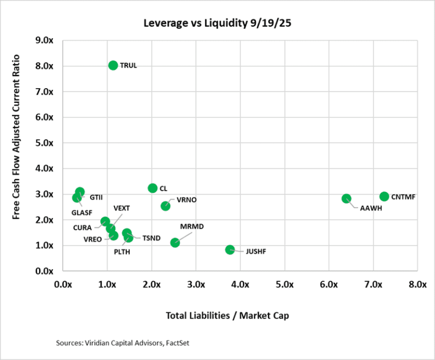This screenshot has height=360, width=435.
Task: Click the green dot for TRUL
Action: coord(113,65)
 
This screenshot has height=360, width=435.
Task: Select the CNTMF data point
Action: coord(384,196)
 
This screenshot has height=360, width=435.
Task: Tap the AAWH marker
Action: coord(346,198)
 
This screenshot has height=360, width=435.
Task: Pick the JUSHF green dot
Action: coord(230,250)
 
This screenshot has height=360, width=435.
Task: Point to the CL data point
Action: coord(153,188)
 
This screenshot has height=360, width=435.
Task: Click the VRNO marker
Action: coord(165,206)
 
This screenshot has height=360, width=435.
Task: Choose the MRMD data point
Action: coord(175,243)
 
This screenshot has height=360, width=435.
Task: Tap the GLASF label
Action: coord(83,213)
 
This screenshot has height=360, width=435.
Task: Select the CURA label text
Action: coord(82,227)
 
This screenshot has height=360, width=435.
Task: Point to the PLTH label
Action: coord(122,252)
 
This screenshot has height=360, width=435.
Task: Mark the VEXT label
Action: coord(122,208)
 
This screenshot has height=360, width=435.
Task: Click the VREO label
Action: coord(92,239)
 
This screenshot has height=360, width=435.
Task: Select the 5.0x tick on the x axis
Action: coord(285,284)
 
